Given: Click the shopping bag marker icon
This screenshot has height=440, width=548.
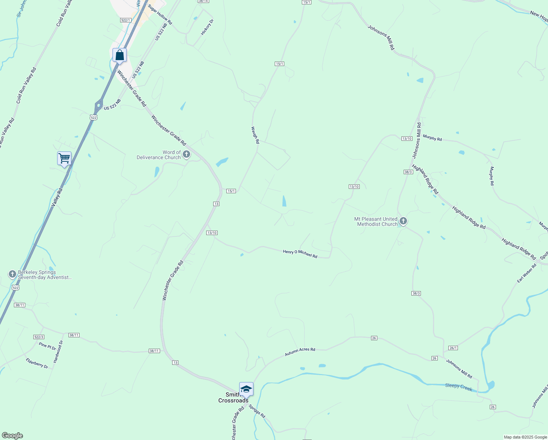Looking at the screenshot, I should (x=119, y=55).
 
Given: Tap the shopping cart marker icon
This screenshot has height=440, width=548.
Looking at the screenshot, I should (x=64, y=159).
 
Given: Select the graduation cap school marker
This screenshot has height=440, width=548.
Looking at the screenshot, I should (x=246, y=389).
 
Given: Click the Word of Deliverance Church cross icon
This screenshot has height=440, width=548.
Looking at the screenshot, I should (x=186, y=154).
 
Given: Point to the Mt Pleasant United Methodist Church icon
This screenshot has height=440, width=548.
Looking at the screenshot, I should (x=403, y=221).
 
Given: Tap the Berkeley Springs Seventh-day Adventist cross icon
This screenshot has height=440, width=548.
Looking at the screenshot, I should (x=12, y=274).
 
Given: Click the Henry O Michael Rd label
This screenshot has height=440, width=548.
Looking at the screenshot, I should (x=300, y=254).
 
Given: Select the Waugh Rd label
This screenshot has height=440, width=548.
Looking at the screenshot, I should (x=255, y=135).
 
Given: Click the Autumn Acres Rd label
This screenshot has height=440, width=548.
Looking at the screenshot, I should (x=300, y=352).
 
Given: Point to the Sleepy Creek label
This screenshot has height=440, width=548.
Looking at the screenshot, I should (x=459, y=387).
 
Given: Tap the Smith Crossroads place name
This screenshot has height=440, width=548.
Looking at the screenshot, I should (x=233, y=397).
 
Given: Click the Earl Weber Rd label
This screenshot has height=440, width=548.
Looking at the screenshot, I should (x=526, y=273).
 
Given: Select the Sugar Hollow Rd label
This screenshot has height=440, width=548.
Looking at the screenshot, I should (x=160, y=15).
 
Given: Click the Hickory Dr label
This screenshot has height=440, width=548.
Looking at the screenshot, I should (x=207, y=27).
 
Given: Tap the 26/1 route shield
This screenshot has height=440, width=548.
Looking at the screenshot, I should (x=453, y=348).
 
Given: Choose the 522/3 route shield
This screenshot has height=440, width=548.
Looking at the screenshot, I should (x=38, y=337).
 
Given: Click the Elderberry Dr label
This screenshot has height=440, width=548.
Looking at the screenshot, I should (x=37, y=363).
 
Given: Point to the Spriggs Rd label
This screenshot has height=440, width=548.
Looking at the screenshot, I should (x=257, y=411).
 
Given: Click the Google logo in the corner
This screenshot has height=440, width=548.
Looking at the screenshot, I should (x=12, y=436).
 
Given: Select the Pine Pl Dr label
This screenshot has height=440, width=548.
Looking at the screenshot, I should (x=48, y=346).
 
